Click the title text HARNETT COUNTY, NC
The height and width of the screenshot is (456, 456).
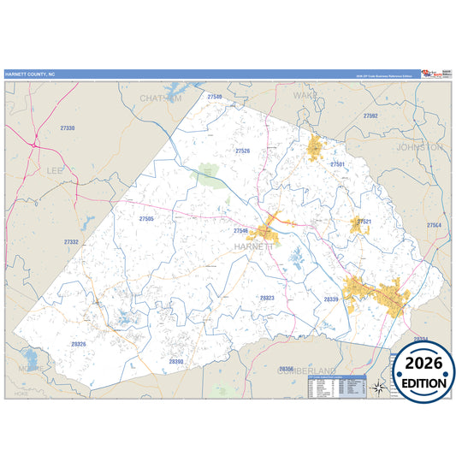tap(29, 74)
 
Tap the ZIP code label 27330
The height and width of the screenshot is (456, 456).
tap(68, 127)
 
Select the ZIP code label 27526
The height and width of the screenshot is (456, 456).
tap(242, 151)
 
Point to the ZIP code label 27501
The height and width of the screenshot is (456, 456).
tap(337, 163)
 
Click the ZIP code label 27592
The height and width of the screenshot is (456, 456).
tap(370, 115)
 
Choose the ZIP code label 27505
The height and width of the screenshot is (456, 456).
tap(146, 219)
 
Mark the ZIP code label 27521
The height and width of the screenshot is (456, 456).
tap(364, 222)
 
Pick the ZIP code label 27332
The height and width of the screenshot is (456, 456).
tap(71, 242)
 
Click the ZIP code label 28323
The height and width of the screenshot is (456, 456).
tap(267, 298)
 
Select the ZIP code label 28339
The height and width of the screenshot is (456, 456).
tap(331, 299)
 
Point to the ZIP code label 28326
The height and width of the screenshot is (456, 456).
tap(79, 344)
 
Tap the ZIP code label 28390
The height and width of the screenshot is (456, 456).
tap(176, 362)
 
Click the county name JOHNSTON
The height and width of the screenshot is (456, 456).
tap(420, 147)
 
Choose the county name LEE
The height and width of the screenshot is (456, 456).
tap(56, 171)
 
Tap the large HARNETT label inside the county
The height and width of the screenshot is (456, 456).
tap(255, 246)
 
